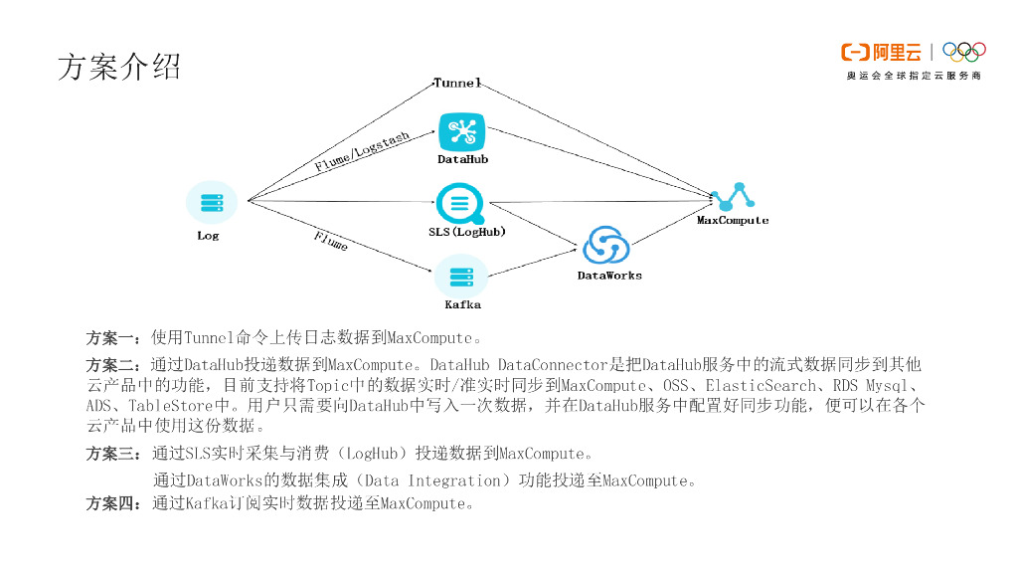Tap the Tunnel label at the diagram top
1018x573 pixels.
[x=457, y=83]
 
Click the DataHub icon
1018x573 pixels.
[x=462, y=132]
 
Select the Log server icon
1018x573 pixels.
[x=211, y=203]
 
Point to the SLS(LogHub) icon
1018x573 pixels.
[x=460, y=203]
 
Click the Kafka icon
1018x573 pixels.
[x=461, y=276]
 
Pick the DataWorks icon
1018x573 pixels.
[x=605, y=247]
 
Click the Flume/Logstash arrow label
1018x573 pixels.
[x=362, y=152]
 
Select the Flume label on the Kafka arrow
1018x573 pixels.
[x=331, y=241]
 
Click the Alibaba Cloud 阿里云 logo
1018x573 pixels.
[x=881, y=52]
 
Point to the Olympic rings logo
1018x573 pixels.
[x=963, y=52]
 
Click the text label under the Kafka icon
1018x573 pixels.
[x=462, y=304]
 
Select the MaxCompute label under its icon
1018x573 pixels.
[x=733, y=220]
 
